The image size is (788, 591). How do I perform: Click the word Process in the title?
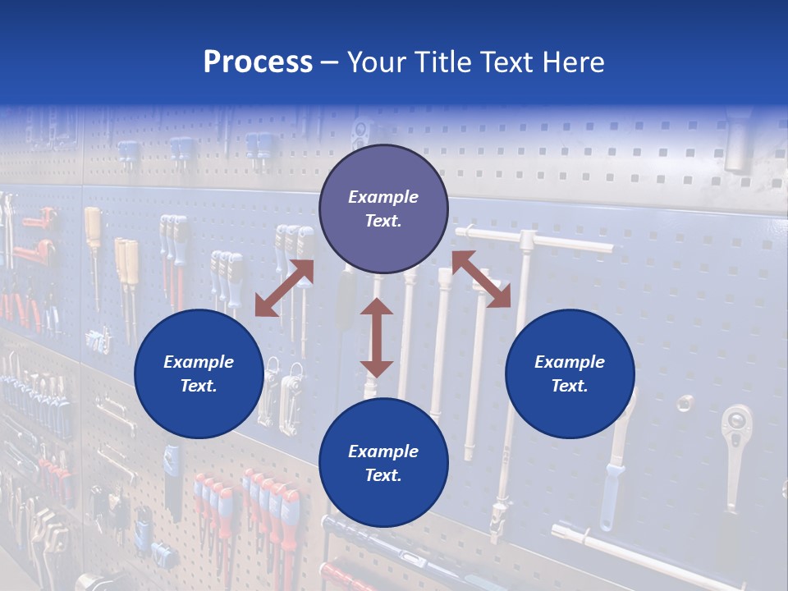click(258, 62)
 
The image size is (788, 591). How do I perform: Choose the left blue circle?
click(199, 373)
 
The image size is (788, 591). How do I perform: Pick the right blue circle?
click(570, 373)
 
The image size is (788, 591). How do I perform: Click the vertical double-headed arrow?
click(377, 337)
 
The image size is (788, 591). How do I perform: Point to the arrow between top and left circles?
click(284, 287)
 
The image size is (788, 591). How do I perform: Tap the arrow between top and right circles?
click(482, 279)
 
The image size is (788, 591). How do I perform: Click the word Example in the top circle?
click(383, 197)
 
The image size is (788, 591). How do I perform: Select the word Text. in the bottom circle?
click(383, 475)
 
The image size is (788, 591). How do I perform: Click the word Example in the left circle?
click(199, 362)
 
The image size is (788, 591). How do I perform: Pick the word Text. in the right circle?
click(570, 386)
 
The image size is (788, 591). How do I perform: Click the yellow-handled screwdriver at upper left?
click(93, 230)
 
